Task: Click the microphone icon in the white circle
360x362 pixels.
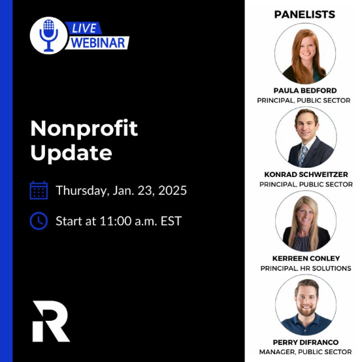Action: point(48,35)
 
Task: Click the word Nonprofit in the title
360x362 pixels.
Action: point(84,128)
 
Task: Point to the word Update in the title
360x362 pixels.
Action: point(71,153)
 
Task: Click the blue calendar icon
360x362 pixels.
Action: point(39,190)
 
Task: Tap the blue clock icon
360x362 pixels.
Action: point(39,221)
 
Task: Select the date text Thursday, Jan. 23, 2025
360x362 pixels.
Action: point(122,190)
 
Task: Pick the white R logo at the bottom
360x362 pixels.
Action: point(51,321)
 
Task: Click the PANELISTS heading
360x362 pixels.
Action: point(304,14)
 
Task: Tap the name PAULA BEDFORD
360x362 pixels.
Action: point(304,90)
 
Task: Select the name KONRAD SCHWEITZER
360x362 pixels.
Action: point(304,174)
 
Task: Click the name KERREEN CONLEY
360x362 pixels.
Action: point(304,258)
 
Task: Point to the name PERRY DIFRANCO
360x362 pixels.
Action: point(304,342)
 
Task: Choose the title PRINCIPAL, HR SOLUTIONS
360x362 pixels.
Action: point(305,269)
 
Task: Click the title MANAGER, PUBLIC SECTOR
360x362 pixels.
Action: point(305,352)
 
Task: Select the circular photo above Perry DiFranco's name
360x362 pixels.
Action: point(305,304)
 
